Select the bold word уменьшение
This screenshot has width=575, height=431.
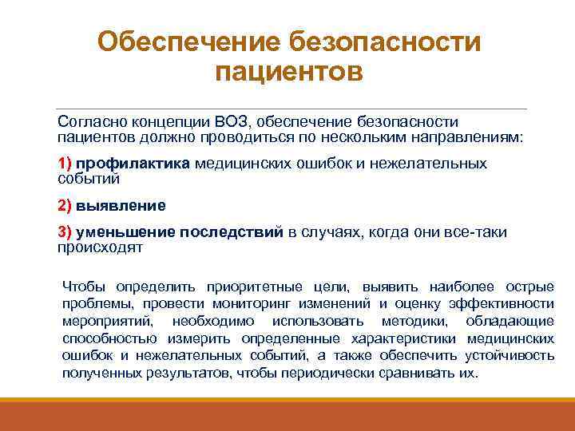click(125, 232)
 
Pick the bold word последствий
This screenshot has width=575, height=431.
click(232, 232)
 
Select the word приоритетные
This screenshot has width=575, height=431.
click(206, 286)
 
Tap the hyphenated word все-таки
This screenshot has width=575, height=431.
click(478, 232)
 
